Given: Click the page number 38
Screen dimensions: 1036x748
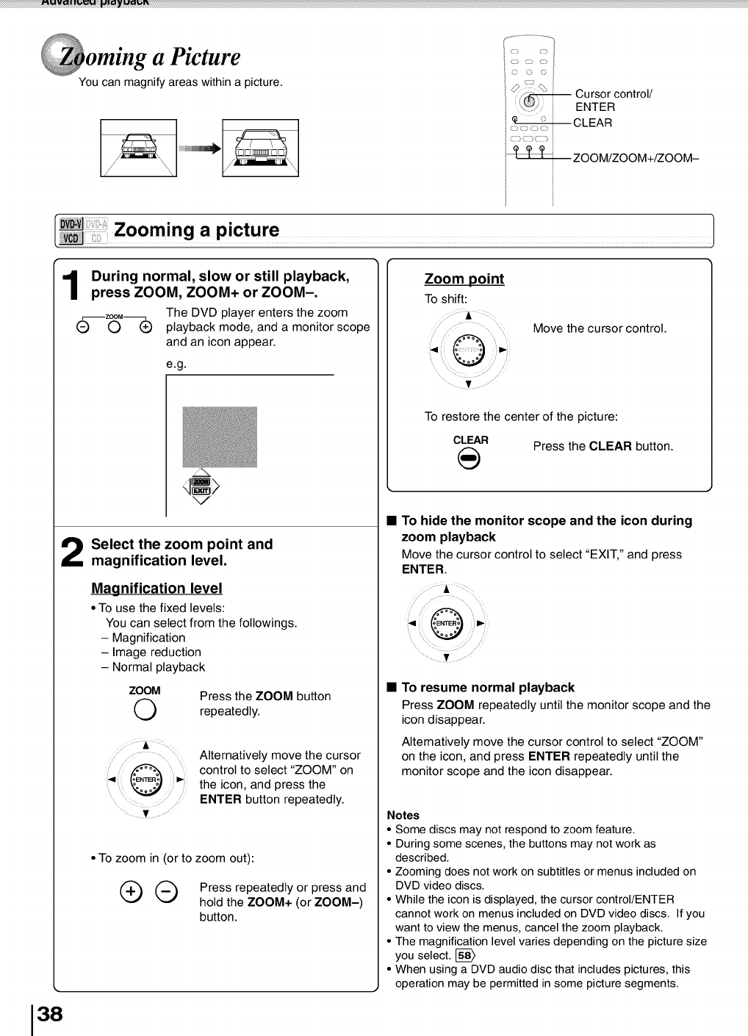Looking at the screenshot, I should pos(50,1015).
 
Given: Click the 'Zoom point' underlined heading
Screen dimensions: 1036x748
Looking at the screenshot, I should pos(464,279).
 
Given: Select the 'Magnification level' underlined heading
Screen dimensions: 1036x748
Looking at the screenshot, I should pos(157,589).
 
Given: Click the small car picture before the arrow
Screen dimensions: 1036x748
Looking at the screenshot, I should pos(139,148).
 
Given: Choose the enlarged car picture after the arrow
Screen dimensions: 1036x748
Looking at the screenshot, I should pos(260,148).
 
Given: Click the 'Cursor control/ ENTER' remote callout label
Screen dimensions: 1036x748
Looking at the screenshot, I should pos(614,100).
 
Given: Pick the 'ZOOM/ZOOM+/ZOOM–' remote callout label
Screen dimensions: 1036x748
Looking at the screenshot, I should pos(636,157).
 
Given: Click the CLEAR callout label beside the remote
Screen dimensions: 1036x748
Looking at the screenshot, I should pos(592,123).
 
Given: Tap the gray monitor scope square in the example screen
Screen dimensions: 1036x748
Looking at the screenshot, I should pos(219,436).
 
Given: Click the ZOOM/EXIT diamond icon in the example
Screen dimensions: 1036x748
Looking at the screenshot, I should pos(201,486).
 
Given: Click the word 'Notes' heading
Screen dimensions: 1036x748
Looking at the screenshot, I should pos(403,815).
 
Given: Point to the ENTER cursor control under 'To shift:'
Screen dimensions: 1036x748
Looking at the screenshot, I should pos(469,349).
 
